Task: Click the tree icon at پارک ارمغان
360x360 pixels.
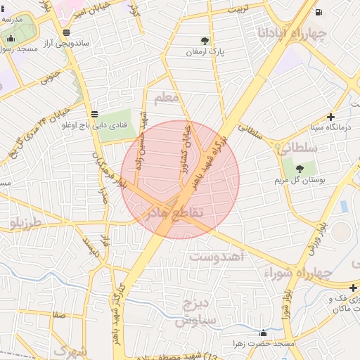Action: point(205,41)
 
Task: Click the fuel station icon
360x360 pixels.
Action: point(320,11)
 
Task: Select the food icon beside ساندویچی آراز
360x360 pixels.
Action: point(66,32)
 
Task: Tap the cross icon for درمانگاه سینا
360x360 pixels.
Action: point(331,117)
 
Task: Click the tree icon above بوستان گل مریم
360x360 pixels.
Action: point(300,168)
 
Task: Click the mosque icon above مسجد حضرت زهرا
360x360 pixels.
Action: point(264,333)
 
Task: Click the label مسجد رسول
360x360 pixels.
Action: point(17,49)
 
